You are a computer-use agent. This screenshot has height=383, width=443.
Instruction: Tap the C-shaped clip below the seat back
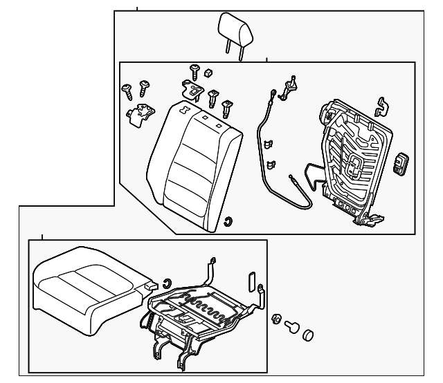228,221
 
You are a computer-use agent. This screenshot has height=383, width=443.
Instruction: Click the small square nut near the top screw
208,73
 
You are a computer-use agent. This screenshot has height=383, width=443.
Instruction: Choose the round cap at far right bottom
308,335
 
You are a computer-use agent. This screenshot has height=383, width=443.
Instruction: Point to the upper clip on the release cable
268,144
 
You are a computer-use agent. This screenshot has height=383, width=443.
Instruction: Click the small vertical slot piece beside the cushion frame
251,280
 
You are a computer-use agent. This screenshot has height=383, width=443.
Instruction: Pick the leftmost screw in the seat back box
127,88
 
